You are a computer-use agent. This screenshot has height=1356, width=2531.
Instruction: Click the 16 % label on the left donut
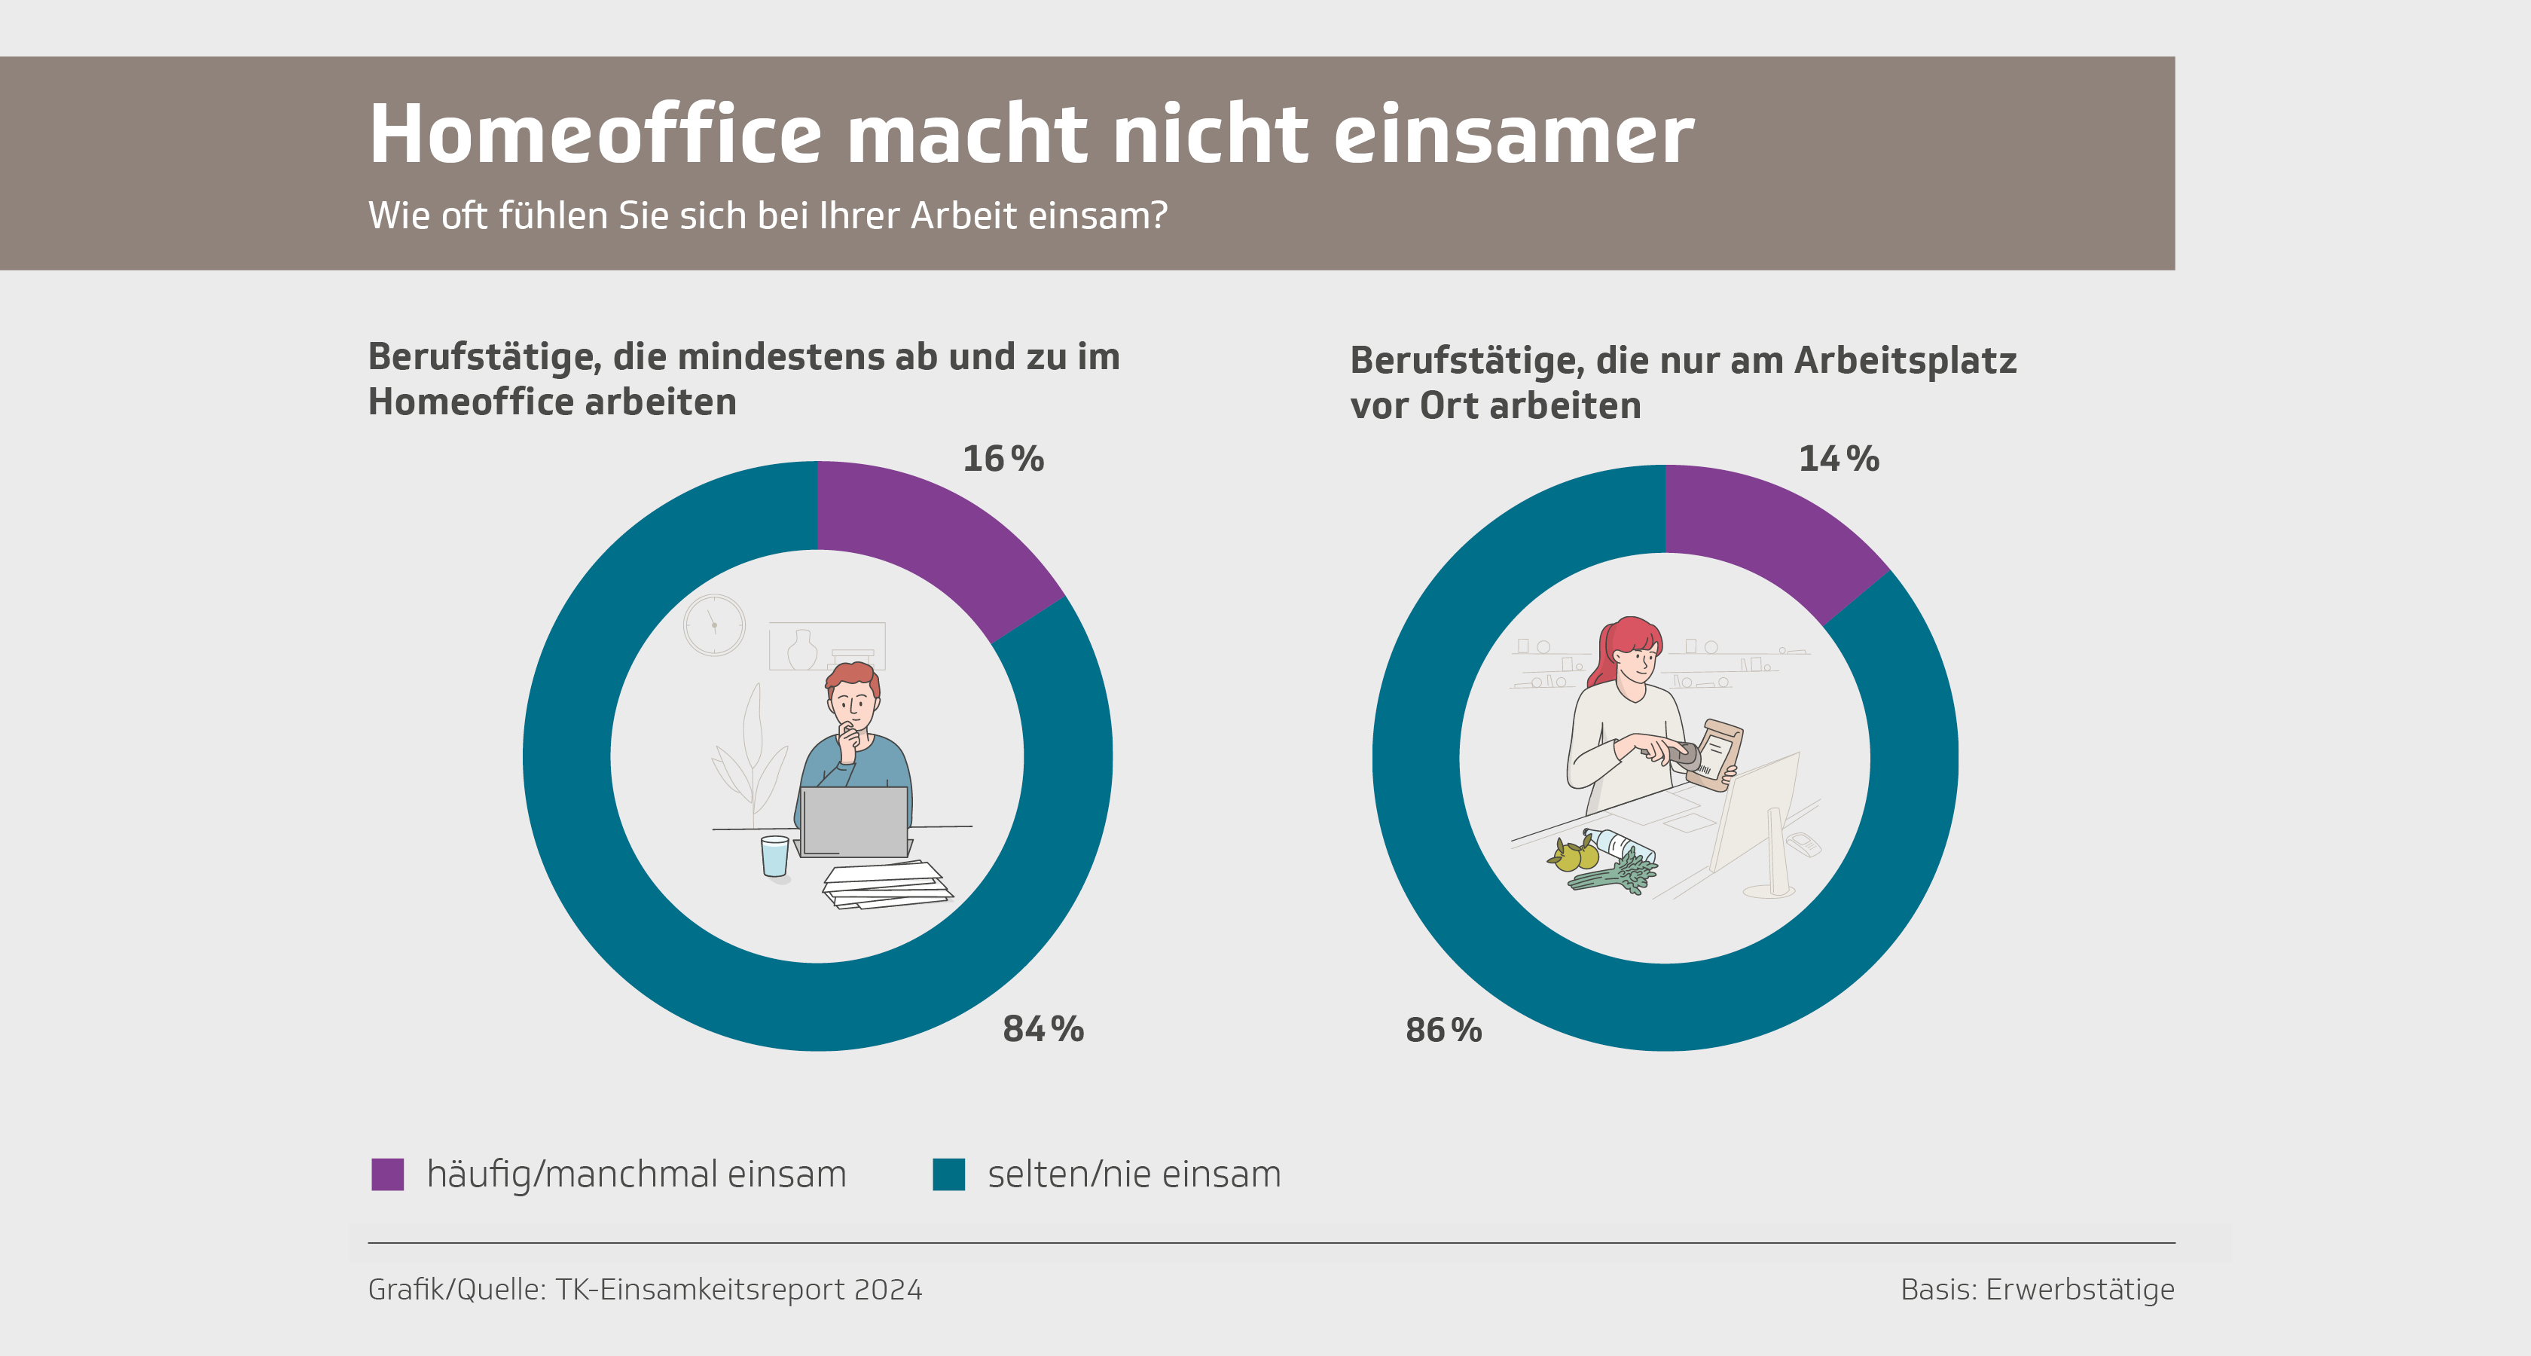[1002, 459]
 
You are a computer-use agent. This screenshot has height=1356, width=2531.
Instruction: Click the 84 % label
[1043, 1029]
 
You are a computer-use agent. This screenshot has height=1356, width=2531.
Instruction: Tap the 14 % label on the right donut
[1838, 459]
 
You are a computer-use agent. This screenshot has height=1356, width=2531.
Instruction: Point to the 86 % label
[1443, 1030]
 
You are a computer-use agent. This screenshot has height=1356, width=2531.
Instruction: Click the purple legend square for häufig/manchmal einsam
[388, 1174]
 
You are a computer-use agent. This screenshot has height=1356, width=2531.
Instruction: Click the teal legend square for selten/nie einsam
[948, 1174]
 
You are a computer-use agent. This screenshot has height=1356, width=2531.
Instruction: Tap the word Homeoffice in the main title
[594, 135]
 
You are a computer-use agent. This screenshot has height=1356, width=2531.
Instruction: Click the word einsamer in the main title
[1513, 135]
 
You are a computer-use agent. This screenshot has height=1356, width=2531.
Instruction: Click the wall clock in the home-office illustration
[714, 625]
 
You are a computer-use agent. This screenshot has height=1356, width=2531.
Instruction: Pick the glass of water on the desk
[774, 856]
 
